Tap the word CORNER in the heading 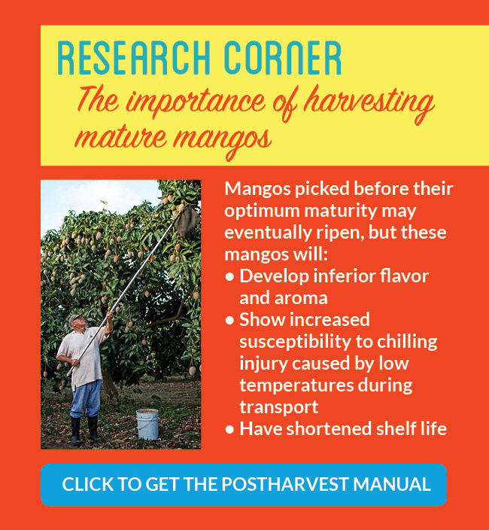283,58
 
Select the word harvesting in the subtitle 369,102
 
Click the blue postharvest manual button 244,485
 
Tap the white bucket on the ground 147,424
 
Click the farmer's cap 75,318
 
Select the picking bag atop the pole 187,221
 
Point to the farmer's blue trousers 85,399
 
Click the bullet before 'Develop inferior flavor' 229,277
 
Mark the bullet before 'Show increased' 229,320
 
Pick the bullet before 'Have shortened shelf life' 229,429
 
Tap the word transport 279,407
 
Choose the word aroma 301,298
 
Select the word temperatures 296,385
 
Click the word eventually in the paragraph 268,233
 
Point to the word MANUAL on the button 392,484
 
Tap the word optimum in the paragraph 262,212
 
